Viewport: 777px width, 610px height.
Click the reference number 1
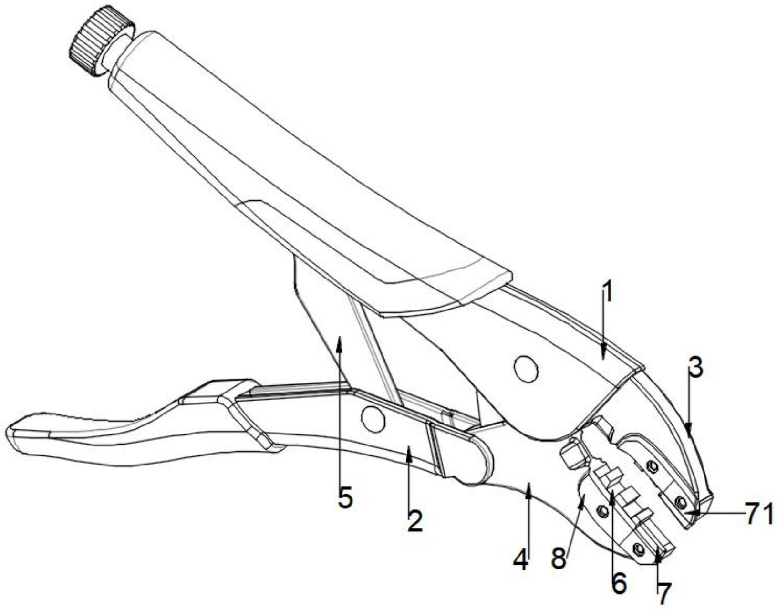(606, 294)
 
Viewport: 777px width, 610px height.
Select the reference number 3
(696, 368)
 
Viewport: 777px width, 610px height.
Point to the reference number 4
(521, 559)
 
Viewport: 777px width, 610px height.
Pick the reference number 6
(619, 582)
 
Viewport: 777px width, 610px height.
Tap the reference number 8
(559, 558)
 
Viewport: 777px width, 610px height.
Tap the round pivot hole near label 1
(526, 368)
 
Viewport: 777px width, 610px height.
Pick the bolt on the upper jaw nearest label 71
(681, 501)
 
